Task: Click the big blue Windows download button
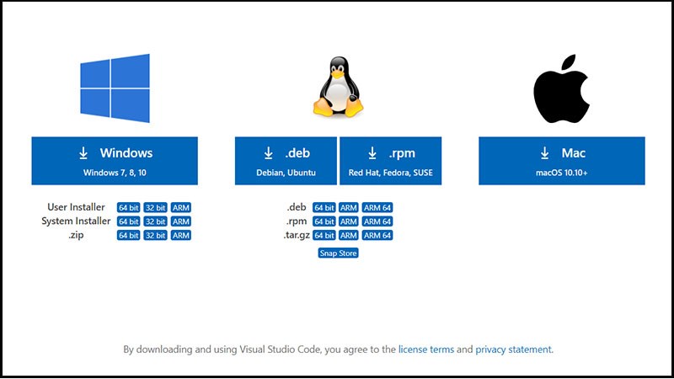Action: pyautogui.click(x=115, y=161)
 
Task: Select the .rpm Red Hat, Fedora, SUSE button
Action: pyautogui.click(x=392, y=161)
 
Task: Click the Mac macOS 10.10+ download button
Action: pyautogui.click(x=562, y=161)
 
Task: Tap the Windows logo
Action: pyautogui.click(x=115, y=86)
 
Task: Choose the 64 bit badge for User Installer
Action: pyautogui.click(x=129, y=207)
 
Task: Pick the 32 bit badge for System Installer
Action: pyautogui.click(x=155, y=222)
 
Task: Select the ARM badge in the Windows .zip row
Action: pyautogui.click(x=181, y=236)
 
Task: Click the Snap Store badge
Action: pyautogui.click(x=338, y=253)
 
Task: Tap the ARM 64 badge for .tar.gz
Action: pyautogui.click(x=378, y=236)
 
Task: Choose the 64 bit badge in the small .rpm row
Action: pyautogui.click(x=324, y=222)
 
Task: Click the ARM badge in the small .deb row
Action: pyautogui.click(x=349, y=207)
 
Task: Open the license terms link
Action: pyautogui.click(x=425, y=349)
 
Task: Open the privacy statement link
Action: pyautogui.click(x=513, y=349)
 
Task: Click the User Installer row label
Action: pyautogui.click(x=77, y=207)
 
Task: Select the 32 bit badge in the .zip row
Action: pyautogui.click(x=155, y=236)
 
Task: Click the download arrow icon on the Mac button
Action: pyautogui.click(x=545, y=153)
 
